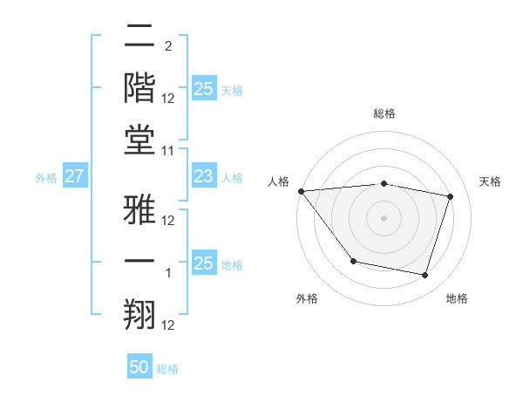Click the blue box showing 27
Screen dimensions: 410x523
pyautogui.click(x=75, y=177)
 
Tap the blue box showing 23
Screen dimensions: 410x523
pyautogui.click(x=203, y=177)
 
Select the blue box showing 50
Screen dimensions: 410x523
pyautogui.click(x=139, y=367)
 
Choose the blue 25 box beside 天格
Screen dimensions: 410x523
pyautogui.click(x=203, y=88)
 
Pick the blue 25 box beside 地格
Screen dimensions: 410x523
pyautogui.click(x=203, y=263)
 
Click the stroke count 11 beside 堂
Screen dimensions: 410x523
pyautogui.click(x=168, y=152)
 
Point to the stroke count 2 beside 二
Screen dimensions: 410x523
pyautogui.click(x=168, y=46)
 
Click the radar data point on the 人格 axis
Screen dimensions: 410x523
pyautogui.click(x=301, y=191)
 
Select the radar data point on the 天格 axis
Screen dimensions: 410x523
pyautogui.click(x=451, y=196)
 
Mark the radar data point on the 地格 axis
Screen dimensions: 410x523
pyautogui.click(x=425, y=276)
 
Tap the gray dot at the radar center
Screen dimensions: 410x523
pyautogui.click(x=384, y=217)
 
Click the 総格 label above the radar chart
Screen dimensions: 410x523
pyautogui.click(x=384, y=113)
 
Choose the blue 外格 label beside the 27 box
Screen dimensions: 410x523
pyautogui.click(x=46, y=178)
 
